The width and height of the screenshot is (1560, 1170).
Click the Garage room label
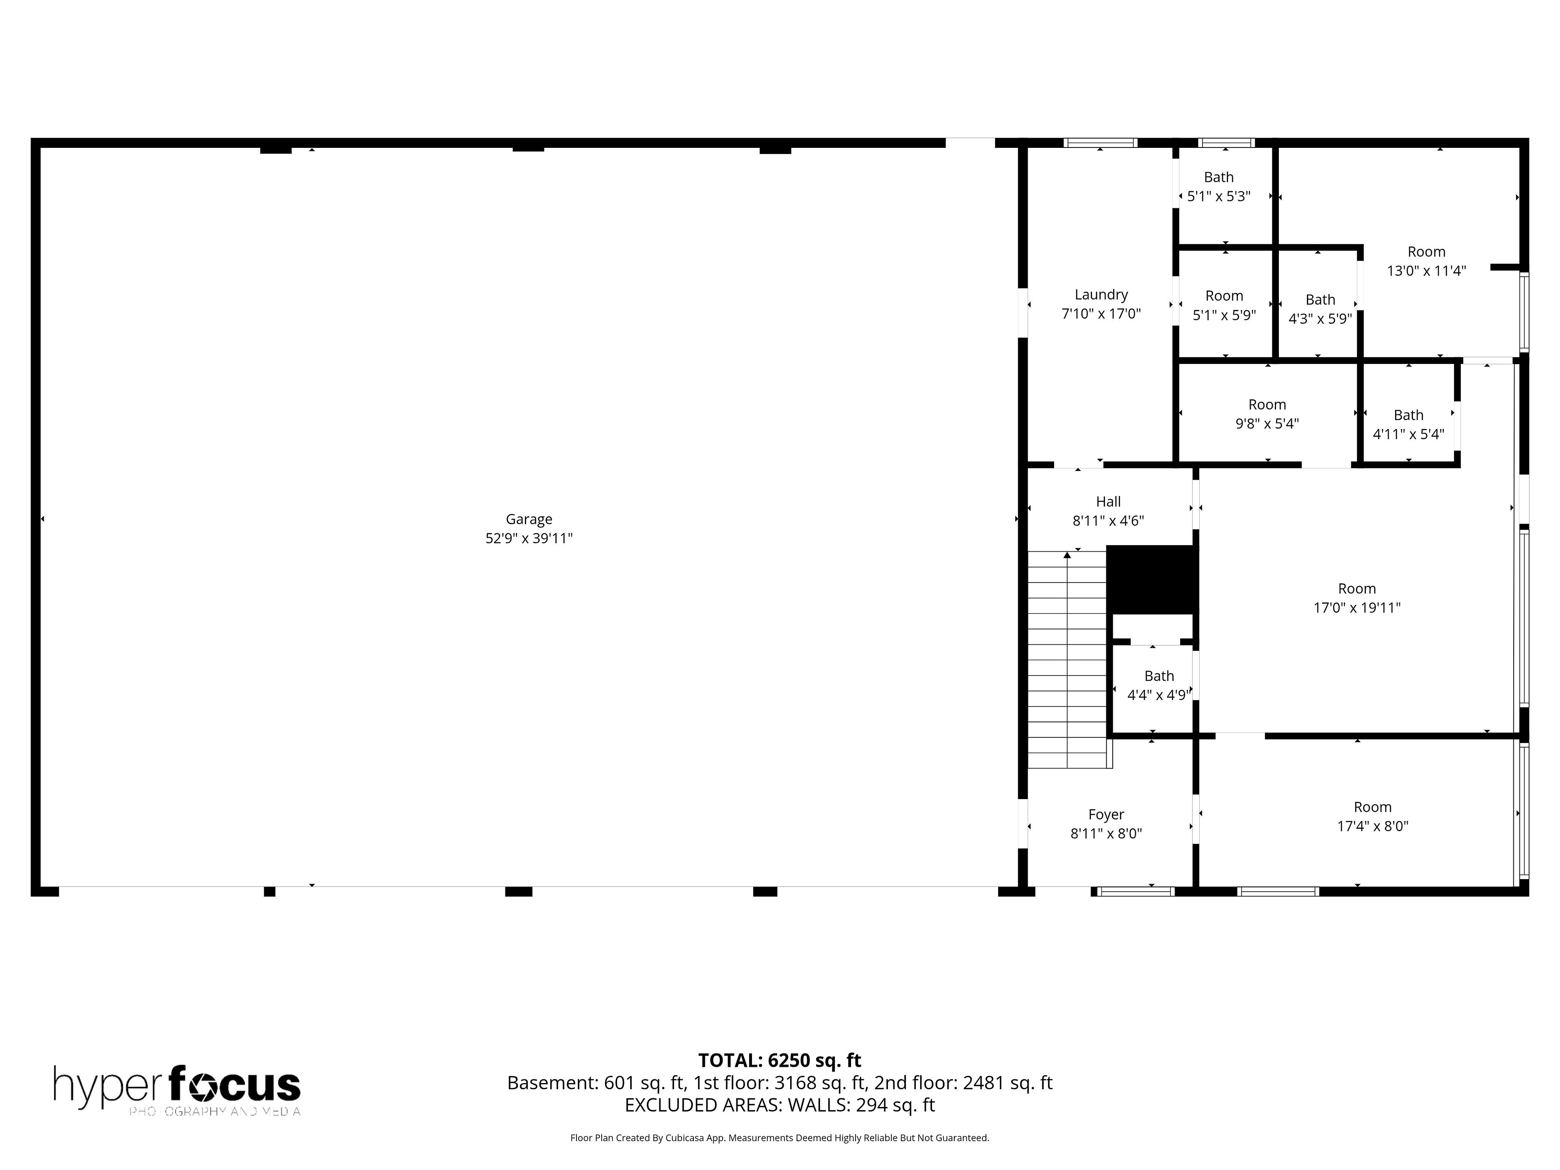coord(529,519)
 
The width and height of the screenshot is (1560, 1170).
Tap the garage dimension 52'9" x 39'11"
coord(529,538)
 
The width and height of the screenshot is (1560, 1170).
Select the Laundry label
coord(1101,295)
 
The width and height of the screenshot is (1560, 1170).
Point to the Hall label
coord(1108,501)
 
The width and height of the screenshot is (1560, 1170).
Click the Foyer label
coord(1106,815)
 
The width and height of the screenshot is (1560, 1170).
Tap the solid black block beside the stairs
coord(1152,579)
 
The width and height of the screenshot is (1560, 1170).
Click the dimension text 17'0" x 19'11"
coord(1357,607)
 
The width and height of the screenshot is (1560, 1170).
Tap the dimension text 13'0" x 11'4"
coord(1427,271)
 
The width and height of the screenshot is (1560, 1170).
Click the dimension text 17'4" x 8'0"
coord(1372,826)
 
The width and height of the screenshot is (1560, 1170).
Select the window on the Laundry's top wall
coord(1100,143)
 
